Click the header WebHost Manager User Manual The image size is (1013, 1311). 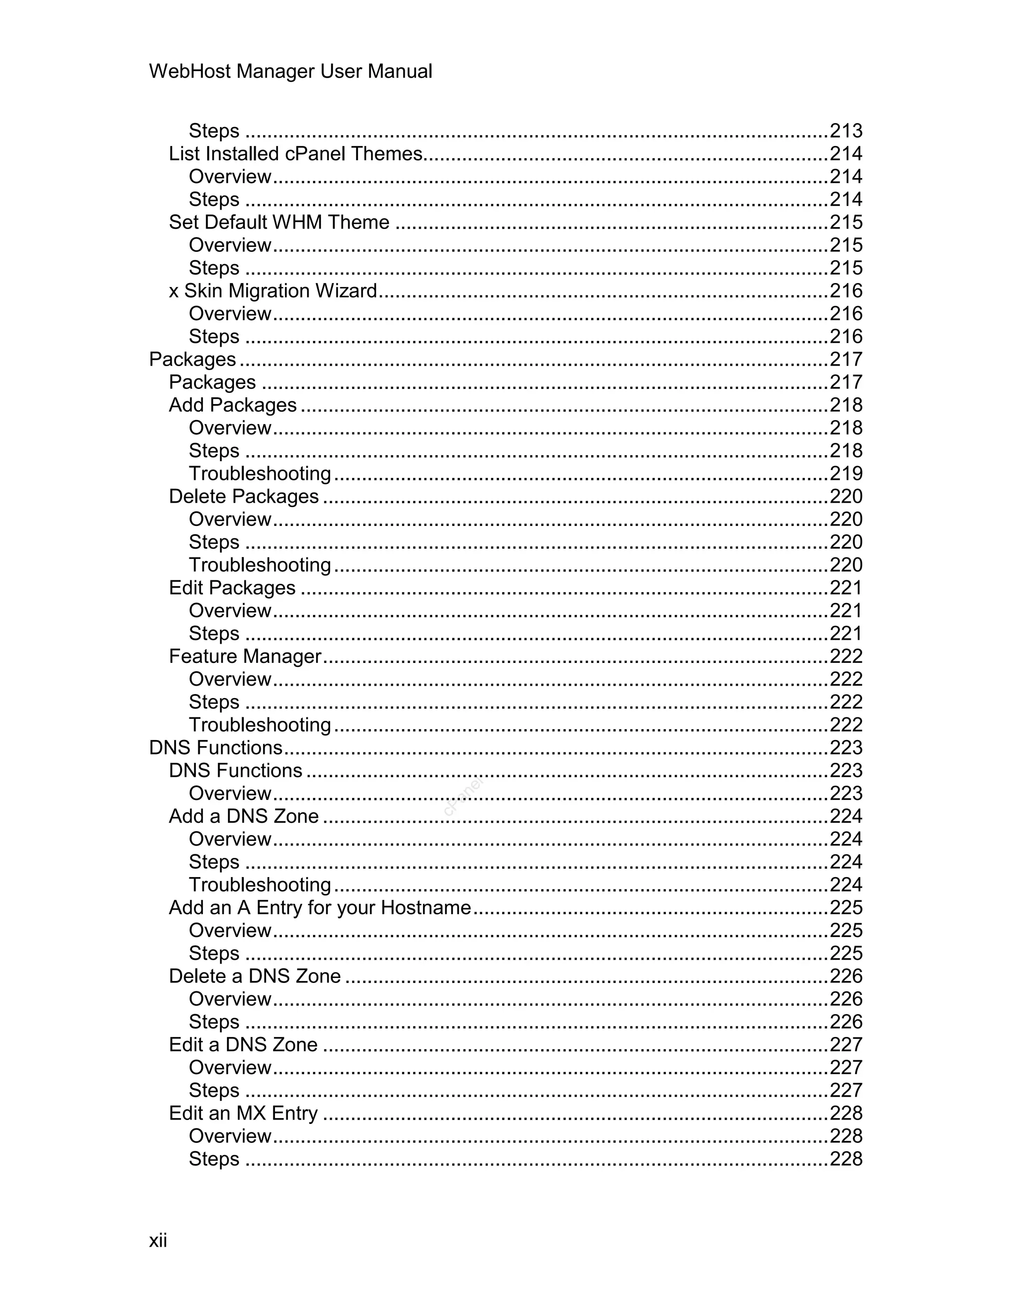(290, 71)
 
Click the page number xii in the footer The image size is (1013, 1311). (158, 1240)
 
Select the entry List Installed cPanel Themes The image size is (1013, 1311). (296, 154)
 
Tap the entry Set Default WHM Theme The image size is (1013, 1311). (279, 222)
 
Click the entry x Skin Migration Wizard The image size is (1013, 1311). (273, 290)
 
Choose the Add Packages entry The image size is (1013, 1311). (233, 405)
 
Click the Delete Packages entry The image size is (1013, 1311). (244, 496)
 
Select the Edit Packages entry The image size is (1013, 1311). (232, 588)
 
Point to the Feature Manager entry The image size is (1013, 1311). (245, 656)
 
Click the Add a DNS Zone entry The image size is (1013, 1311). (244, 816)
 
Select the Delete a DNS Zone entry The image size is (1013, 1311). (254, 976)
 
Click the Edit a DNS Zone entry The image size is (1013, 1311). (243, 1044)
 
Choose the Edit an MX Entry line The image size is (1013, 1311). (243, 1113)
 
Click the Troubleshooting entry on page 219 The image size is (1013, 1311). (260, 473)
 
